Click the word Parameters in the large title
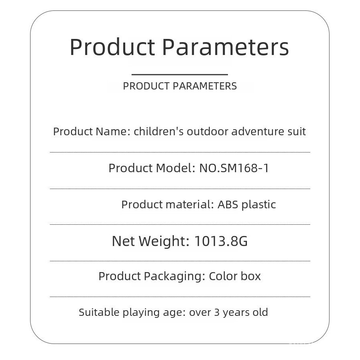click(x=226, y=47)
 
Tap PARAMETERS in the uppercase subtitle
click(x=205, y=86)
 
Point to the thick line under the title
click(x=180, y=74)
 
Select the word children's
click(x=159, y=132)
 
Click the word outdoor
click(x=207, y=132)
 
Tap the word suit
click(x=297, y=132)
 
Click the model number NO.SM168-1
click(x=234, y=168)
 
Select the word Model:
click(x=176, y=168)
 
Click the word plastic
click(x=259, y=205)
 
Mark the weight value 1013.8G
click(x=221, y=241)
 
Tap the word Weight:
click(x=164, y=242)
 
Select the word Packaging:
click(x=175, y=276)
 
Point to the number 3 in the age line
click(x=217, y=313)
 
